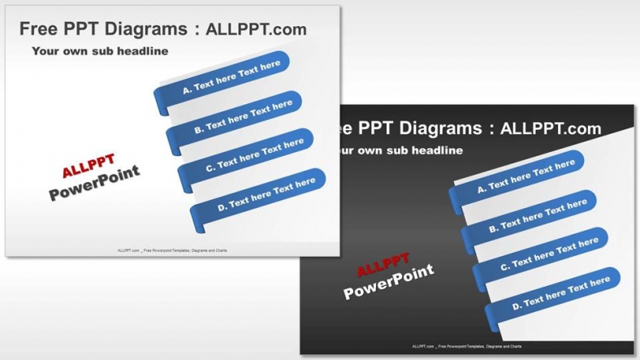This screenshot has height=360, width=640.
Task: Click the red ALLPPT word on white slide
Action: [x=89, y=167]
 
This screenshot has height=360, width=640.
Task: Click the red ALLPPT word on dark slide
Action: [x=383, y=266]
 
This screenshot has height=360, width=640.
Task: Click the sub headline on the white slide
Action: [x=100, y=51]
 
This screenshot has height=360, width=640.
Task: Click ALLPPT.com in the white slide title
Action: [x=257, y=30]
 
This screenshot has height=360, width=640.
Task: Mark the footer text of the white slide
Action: [x=172, y=250]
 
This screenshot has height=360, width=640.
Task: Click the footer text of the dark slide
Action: [x=467, y=346]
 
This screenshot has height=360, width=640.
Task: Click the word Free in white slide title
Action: [x=38, y=30]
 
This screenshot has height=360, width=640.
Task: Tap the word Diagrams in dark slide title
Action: [x=439, y=128]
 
